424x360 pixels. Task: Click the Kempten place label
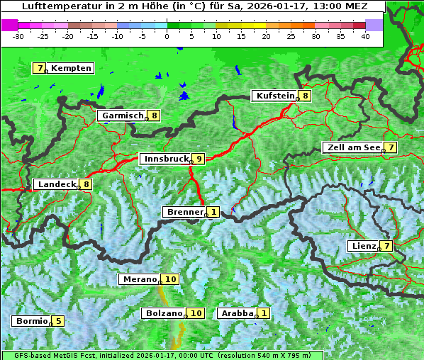pos(71,68)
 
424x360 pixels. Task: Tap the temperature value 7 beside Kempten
pos(39,68)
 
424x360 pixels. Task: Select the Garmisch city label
pos(122,116)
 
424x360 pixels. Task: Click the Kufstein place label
pos(274,96)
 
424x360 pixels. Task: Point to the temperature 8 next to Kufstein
pos(305,96)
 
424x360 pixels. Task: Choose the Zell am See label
pos(352,147)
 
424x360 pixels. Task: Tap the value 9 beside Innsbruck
pos(199,159)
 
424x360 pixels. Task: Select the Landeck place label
pos(57,184)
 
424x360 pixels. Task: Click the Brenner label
pos(184,212)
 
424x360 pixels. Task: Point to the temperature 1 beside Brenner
pos(213,212)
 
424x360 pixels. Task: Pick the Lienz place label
pos(363,246)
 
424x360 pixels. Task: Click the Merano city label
pos(140,279)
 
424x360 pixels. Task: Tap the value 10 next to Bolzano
pos(196,313)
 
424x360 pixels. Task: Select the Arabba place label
pos(238,313)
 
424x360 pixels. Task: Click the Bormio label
pos(31,321)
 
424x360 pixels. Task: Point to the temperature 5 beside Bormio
pos(57,321)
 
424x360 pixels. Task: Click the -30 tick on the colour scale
pos(18,35)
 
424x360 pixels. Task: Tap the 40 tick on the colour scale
pos(365,35)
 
